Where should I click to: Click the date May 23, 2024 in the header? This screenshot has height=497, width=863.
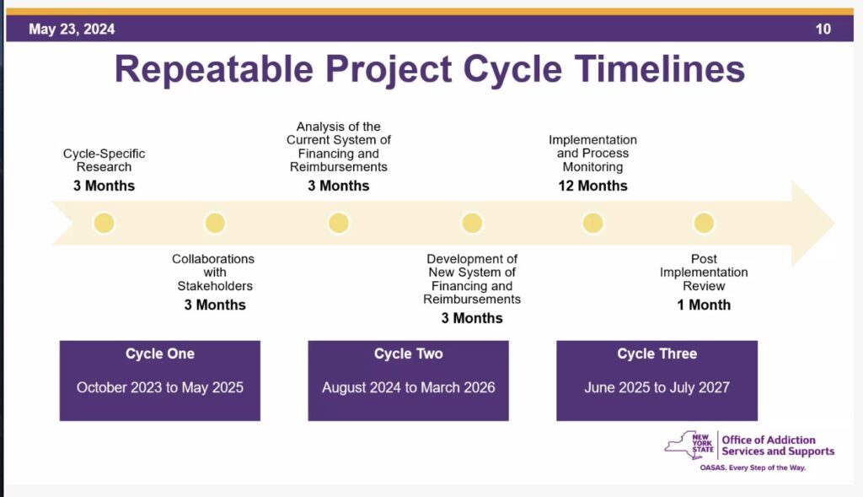[72, 30]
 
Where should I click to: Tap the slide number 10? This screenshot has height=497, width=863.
[823, 30]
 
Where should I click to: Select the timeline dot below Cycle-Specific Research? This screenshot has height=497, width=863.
[104, 223]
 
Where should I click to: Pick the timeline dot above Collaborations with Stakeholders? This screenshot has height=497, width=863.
[215, 223]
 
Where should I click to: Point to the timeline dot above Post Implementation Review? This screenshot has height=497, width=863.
[704, 223]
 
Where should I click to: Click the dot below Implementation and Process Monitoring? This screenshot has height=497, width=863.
[592, 223]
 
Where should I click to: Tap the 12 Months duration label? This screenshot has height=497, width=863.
[592, 186]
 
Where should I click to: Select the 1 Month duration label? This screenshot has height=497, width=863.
[704, 305]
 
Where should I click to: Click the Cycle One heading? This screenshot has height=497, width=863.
[159, 354]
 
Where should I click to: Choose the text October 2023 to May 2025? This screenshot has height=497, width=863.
[159, 388]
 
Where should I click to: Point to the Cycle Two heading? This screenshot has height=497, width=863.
[408, 354]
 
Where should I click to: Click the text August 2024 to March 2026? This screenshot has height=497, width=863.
[408, 388]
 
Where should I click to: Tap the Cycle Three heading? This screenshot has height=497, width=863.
[657, 354]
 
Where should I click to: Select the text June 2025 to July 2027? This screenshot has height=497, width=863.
[657, 388]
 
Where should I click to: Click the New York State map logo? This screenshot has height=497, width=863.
[689, 446]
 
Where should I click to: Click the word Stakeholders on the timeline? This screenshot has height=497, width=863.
[215, 286]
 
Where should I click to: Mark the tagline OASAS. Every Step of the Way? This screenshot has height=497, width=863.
[753, 467]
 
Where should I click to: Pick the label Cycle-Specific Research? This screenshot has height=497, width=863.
[104, 160]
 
